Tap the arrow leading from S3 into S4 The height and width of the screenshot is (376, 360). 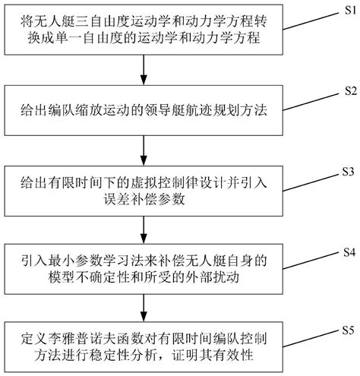tap(144, 229)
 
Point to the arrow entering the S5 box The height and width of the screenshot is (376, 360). tap(144, 307)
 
